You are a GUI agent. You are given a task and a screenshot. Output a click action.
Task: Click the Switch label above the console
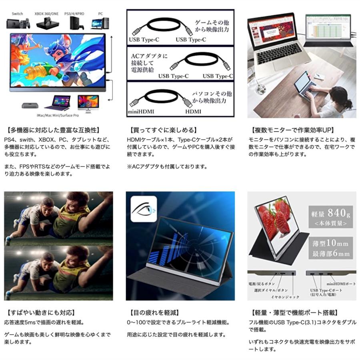click(x=17, y=14)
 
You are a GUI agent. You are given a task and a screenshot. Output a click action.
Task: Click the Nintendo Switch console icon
click(x=18, y=23)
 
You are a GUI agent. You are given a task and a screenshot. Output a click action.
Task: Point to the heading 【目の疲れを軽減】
click(x=154, y=312)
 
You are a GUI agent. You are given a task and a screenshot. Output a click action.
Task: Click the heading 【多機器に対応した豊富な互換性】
click(x=54, y=130)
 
